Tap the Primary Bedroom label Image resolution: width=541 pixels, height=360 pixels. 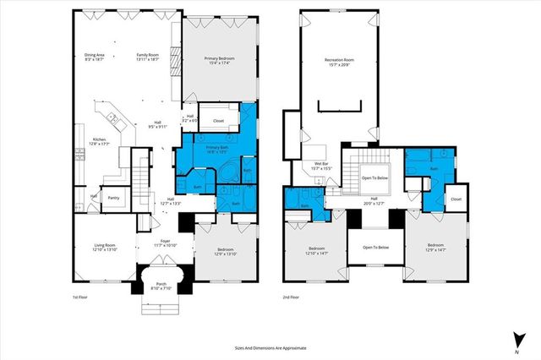coord(219,61)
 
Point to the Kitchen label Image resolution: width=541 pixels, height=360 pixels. coord(100,141)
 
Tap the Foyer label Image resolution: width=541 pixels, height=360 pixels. coord(166,243)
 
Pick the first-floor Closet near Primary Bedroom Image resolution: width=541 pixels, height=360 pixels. coord(218,121)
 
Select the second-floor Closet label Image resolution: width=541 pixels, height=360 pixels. coord(456,199)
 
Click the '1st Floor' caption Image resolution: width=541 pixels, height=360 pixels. coord(81,297)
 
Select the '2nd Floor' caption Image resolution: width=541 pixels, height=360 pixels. coord(292,297)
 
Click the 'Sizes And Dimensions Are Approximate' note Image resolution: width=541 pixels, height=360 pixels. coord(270,347)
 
